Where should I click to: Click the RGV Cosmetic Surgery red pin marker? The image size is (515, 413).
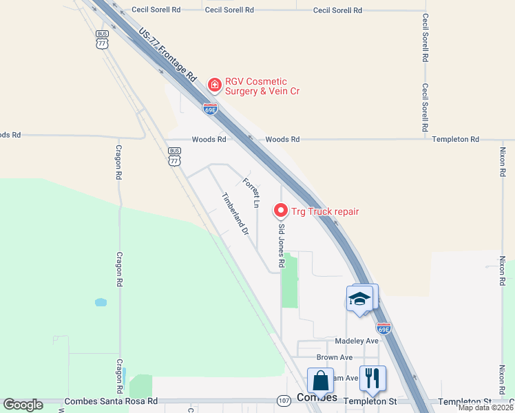point(215,85)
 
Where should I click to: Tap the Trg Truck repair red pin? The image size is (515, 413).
point(280,210)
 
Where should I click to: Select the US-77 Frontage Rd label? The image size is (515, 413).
point(168,57)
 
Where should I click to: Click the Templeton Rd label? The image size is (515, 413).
point(455,139)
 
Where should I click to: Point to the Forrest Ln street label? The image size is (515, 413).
point(251,193)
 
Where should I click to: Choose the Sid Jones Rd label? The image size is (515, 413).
point(281,245)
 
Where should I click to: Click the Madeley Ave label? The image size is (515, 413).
point(357,341)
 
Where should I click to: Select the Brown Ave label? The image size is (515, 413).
point(335,357)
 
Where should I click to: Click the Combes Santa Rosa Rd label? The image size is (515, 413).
point(110,401)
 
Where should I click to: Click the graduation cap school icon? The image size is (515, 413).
point(359,299)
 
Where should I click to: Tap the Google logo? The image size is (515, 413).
point(23,405)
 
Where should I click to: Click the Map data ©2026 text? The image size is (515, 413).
point(486,407)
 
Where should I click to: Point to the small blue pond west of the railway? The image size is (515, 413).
point(101,302)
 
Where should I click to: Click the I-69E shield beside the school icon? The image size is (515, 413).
point(383,328)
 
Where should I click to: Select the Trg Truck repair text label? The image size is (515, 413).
point(325,211)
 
